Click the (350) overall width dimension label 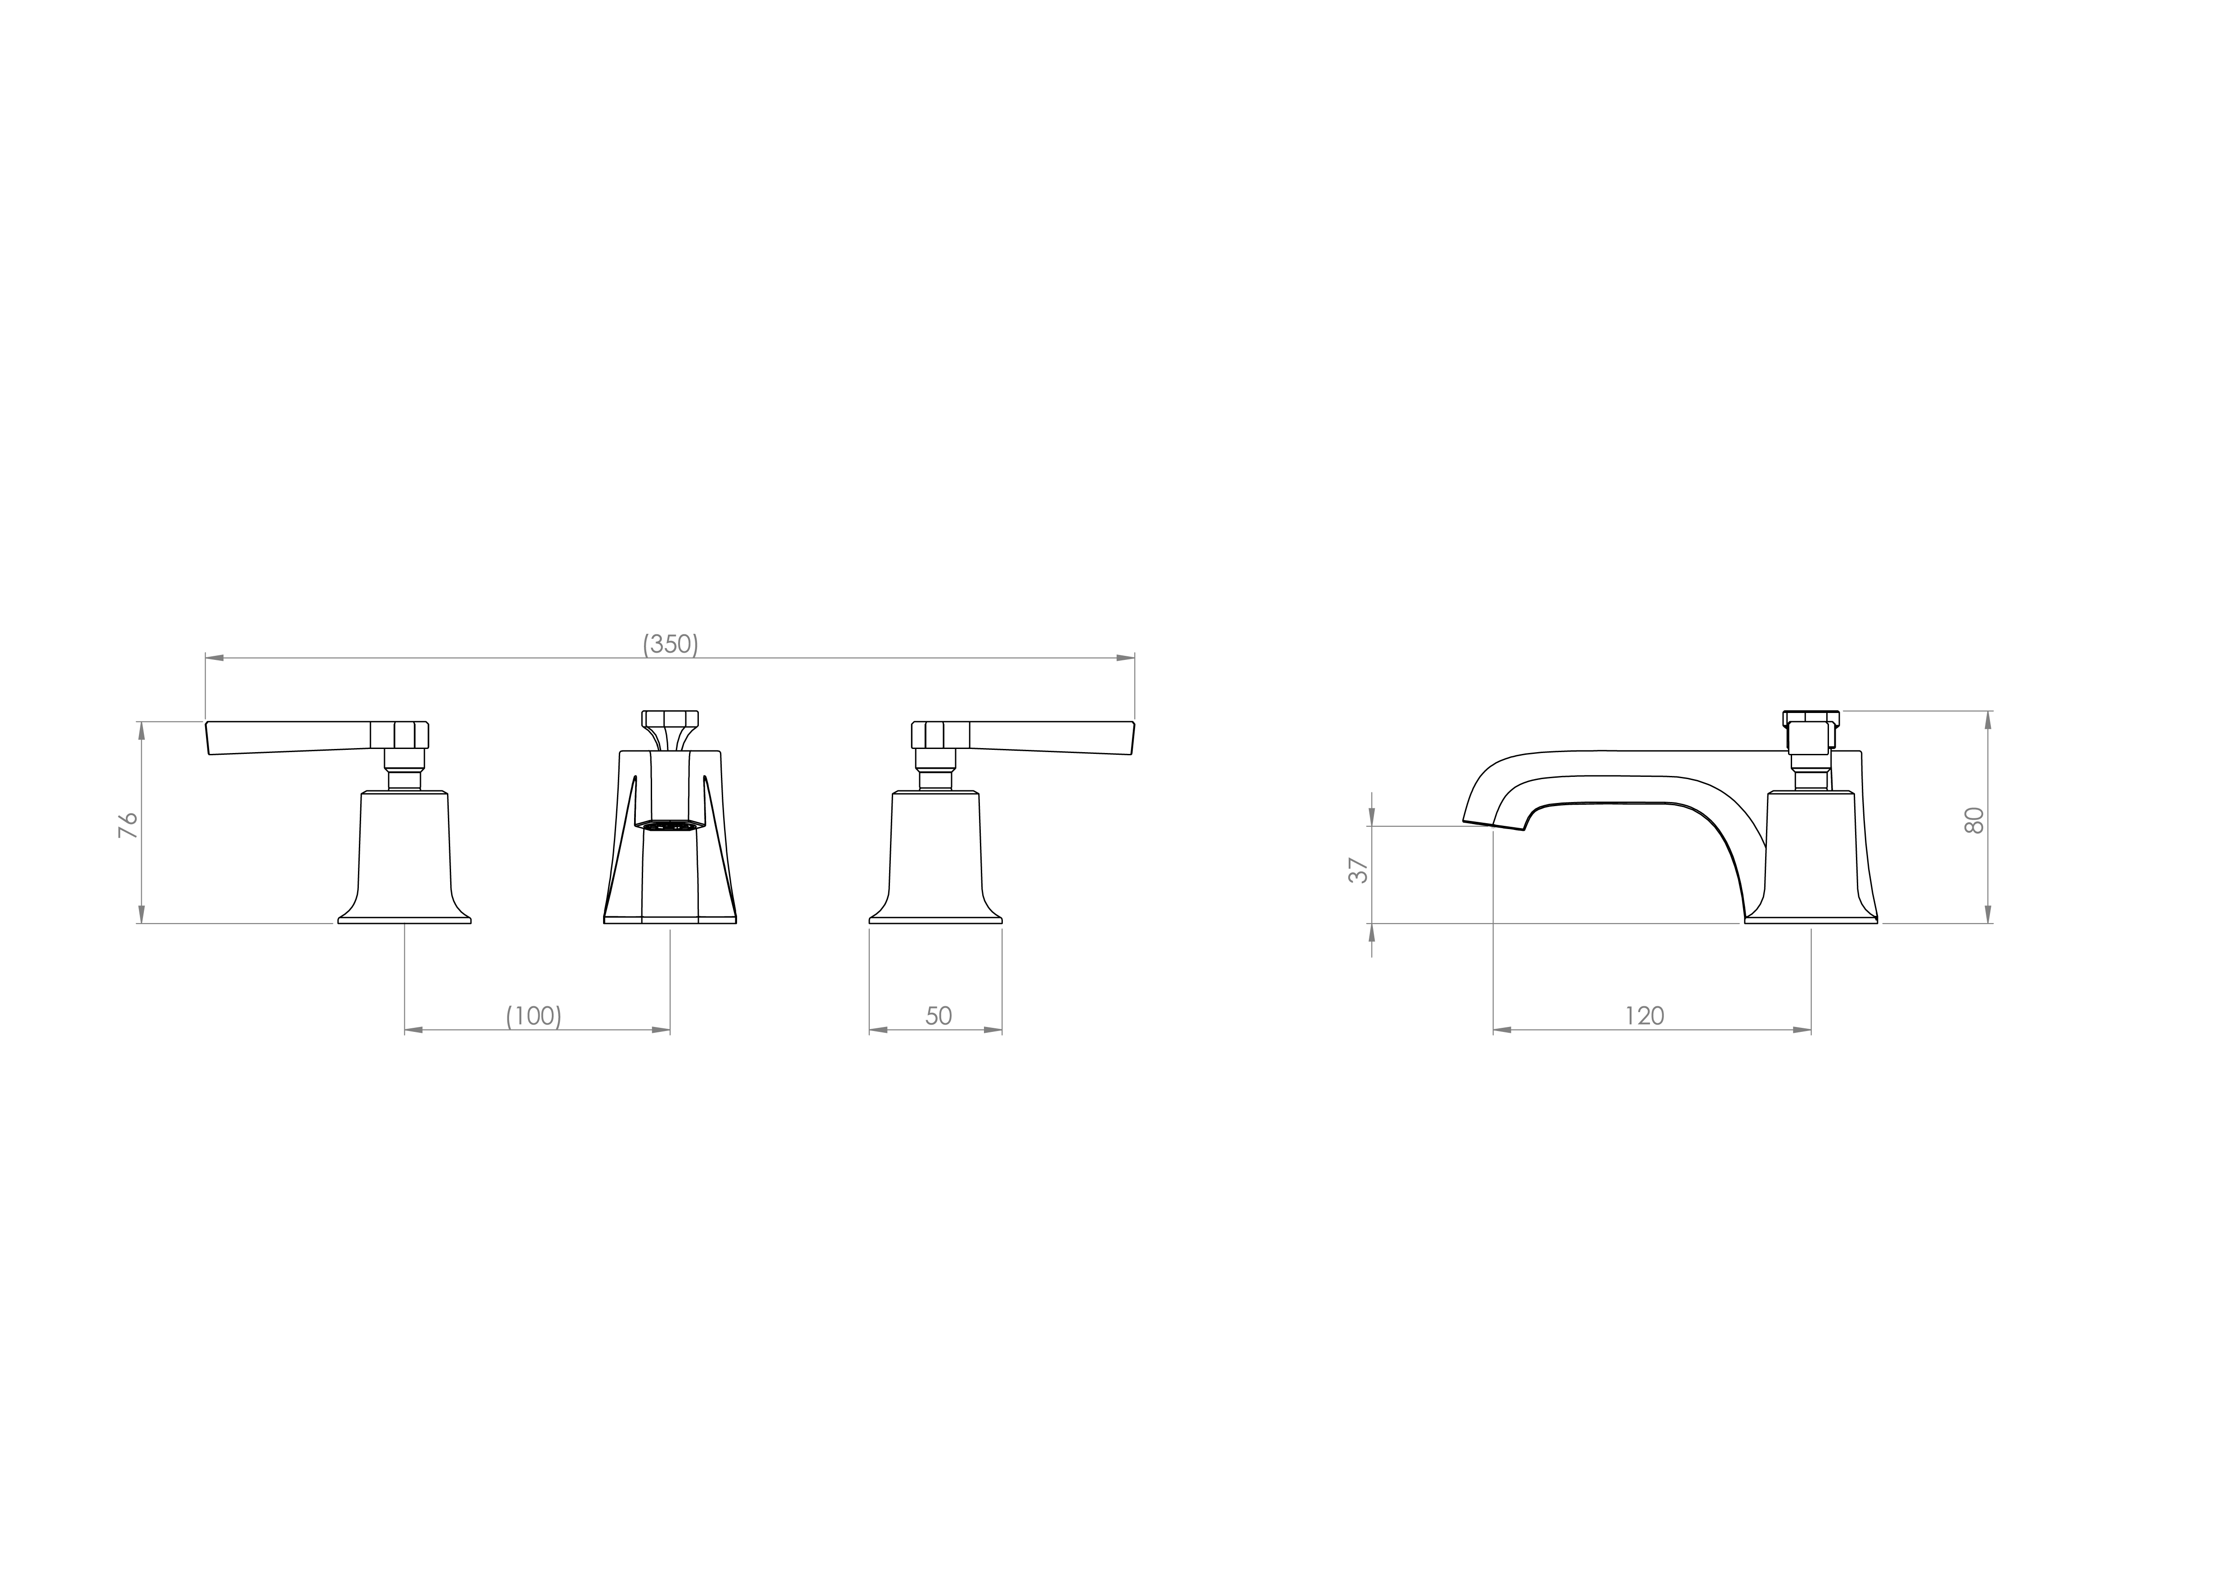tap(671, 644)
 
